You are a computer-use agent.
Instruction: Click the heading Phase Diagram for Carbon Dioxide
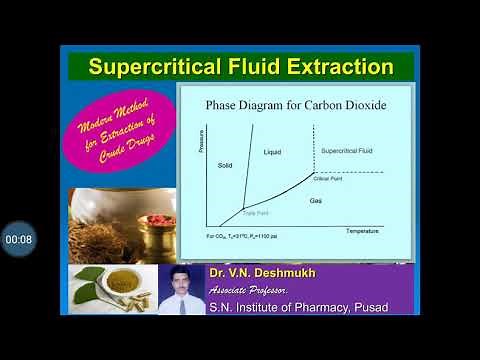coord(296,104)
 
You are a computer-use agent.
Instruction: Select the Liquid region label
coord(274,152)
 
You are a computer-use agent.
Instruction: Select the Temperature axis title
coord(363,231)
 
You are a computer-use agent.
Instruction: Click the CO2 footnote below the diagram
coord(242,236)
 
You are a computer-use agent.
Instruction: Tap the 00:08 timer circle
coord(18,239)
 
